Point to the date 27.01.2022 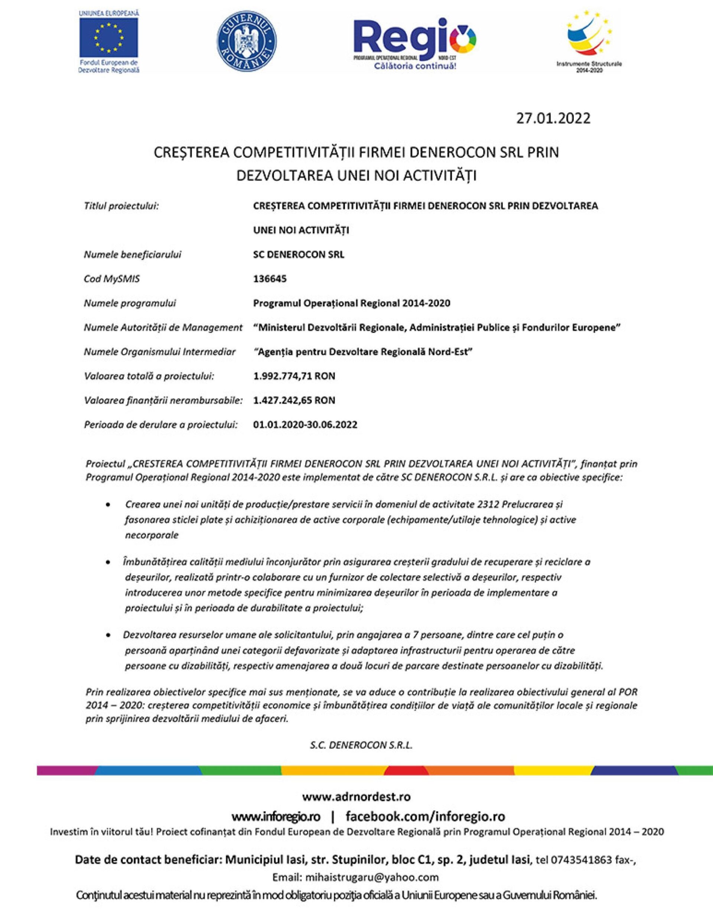553,118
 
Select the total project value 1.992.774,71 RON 294,376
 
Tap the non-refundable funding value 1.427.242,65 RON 294,400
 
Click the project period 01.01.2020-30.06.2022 305,425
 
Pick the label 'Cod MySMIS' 112,279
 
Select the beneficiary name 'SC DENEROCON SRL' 299,255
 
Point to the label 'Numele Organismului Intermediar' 160,352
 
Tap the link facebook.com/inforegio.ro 425,816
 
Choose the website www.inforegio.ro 276,816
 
